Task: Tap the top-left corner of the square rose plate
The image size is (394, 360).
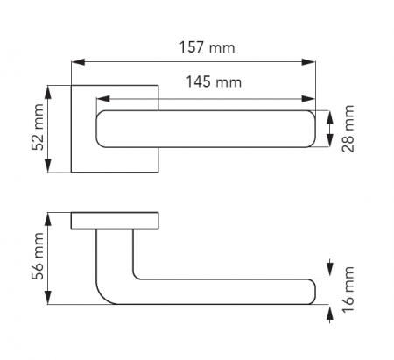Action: click(x=71, y=86)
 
